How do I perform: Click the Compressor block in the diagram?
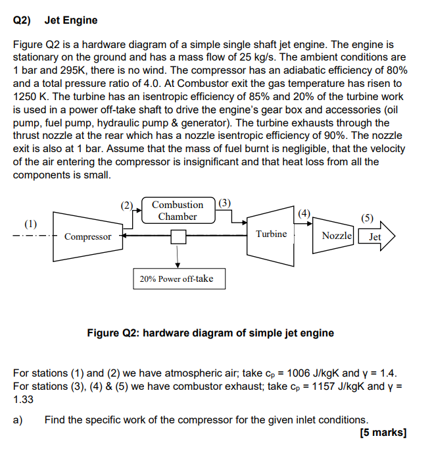[87, 236]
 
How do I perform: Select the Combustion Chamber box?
[177, 211]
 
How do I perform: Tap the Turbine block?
[271, 234]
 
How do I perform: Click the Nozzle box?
[337, 236]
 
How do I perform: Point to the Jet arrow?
[376, 236]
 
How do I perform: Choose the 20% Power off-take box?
[176, 279]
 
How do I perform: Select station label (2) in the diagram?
[127, 204]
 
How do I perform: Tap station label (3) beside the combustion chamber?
[224, 203]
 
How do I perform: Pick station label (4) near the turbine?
[302, 213]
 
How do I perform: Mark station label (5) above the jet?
[367, 218]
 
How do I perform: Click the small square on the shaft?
[176, 236]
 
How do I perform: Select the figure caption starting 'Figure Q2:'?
[210, 333]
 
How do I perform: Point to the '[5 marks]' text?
[383, 433]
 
